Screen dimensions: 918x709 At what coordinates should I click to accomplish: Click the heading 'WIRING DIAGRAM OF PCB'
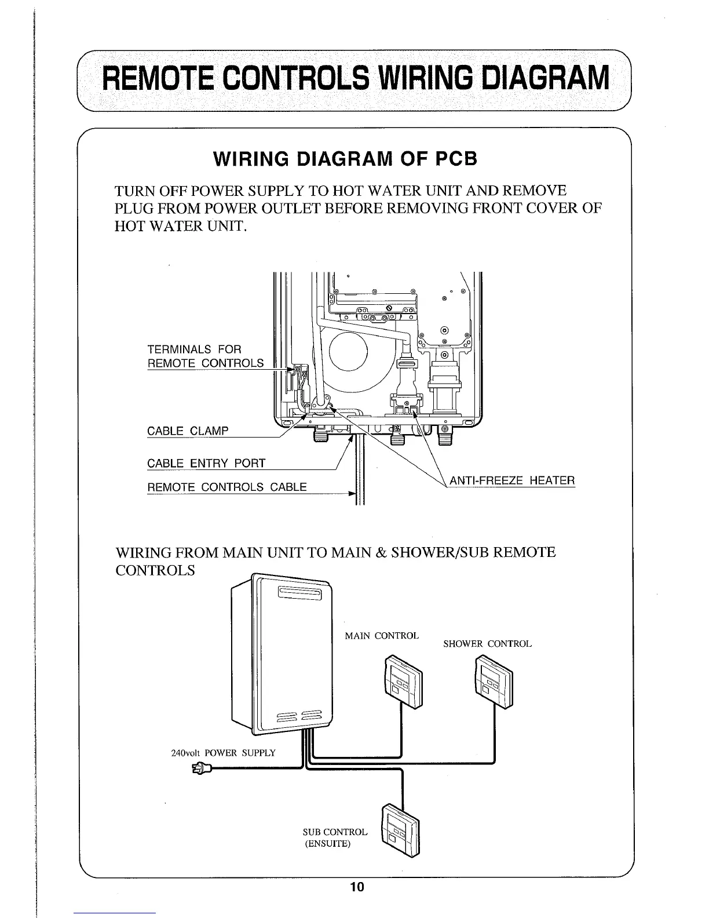[x=345, y=159]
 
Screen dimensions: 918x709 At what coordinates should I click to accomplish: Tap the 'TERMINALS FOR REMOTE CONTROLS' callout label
[x=205, y=356]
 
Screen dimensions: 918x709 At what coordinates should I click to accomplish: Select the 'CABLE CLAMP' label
[x=188, y=431]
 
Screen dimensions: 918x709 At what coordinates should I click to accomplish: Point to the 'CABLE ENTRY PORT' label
[x=206, y=463]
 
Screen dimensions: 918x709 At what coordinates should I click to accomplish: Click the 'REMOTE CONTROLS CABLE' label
[x=227, y=487]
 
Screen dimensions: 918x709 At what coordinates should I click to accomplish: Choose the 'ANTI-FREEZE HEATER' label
[x=512, y=480]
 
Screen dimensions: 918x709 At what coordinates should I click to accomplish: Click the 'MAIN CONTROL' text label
[x=381, y=636]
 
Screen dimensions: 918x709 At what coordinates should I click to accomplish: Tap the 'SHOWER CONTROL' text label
[x=487, y=644]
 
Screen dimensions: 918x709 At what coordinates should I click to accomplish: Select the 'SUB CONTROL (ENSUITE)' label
[x=334, y=837]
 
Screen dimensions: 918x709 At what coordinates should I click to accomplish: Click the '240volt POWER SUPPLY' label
[x=223, y=753]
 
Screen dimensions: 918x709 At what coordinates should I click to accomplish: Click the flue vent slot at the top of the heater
[x=299, y=594]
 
